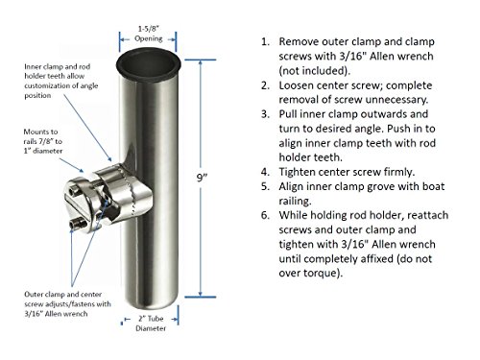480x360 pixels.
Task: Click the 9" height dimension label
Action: (x=202, y=178)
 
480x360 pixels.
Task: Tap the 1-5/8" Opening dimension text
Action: (x=149, y=34)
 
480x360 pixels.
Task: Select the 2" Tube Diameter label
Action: (x=151, y=324)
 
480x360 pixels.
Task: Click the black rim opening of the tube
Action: (x=148, y=63)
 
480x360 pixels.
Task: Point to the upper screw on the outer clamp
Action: (x=75, y=192)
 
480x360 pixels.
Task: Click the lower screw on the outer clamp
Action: (x=76, y=224)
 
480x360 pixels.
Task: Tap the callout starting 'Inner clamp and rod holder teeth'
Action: (x=61, y=81)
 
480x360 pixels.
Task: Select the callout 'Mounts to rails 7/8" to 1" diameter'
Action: (x=43, y=141)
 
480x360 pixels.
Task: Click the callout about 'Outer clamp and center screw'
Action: (x=67, y=303)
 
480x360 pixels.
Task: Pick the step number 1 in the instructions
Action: (x=265, y=42)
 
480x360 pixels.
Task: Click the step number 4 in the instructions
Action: (x=265, y=172)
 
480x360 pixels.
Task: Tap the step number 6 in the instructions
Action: (x=265, y=215)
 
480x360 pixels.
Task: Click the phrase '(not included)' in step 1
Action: (x=314, y=71)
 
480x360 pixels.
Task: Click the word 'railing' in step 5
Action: (x=295, y=202)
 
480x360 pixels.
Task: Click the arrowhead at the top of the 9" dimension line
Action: (x=201, y=62)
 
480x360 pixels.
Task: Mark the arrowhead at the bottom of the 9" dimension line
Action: (x=201, y=294)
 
